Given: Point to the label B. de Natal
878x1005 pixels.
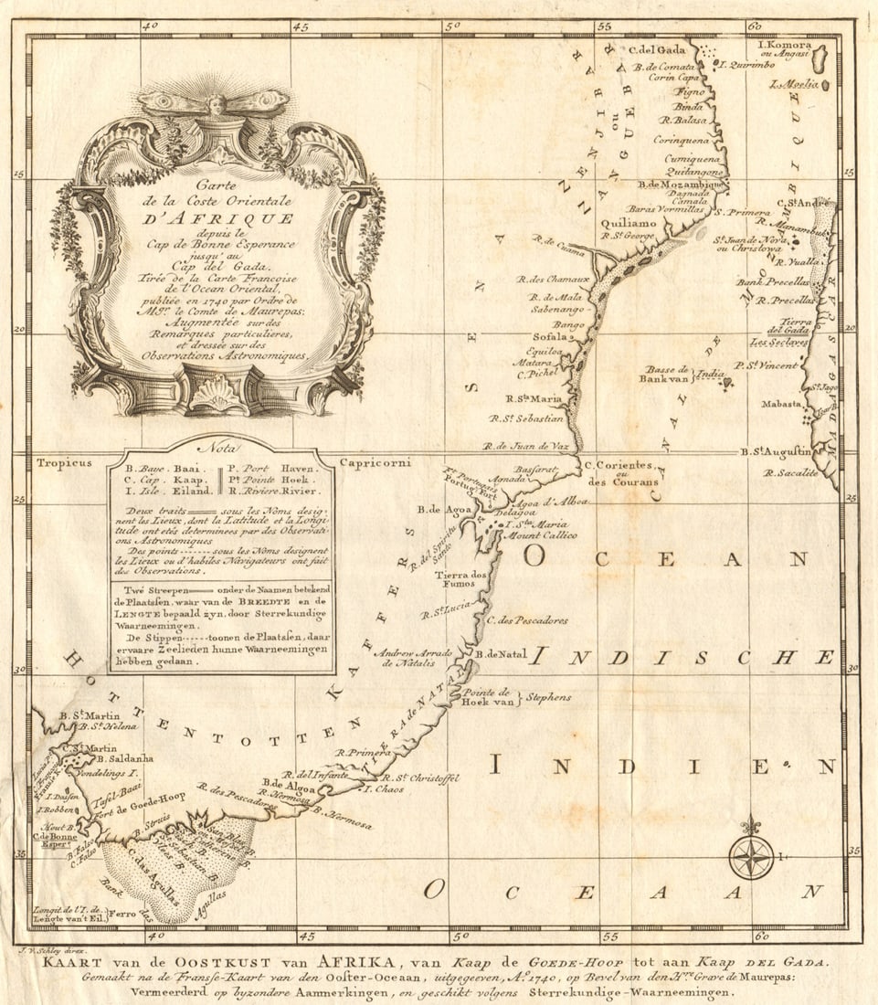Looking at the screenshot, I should coord(502,654).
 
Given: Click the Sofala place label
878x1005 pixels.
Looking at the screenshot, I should coord(551,336).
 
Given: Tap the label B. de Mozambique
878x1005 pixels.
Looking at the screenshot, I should coord(680,184).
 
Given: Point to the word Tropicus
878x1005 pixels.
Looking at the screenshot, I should coord(65,462).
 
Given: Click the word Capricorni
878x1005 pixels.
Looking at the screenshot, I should coord(376,462).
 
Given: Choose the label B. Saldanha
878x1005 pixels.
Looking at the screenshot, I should coord(123,758).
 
